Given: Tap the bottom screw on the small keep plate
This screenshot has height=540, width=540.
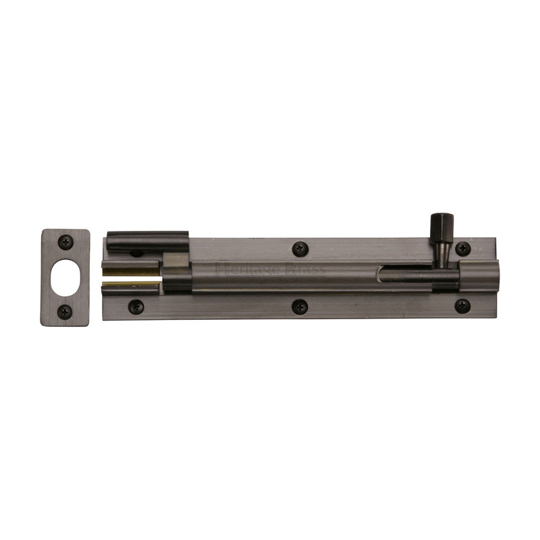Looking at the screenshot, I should click(x=65, y=311).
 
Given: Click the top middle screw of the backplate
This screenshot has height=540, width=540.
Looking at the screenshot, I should click(x=299, y=248).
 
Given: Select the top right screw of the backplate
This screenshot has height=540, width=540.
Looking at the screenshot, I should click(x=462, y=248).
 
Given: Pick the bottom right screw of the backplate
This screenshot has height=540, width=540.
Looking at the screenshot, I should click(x=462, y=306).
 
